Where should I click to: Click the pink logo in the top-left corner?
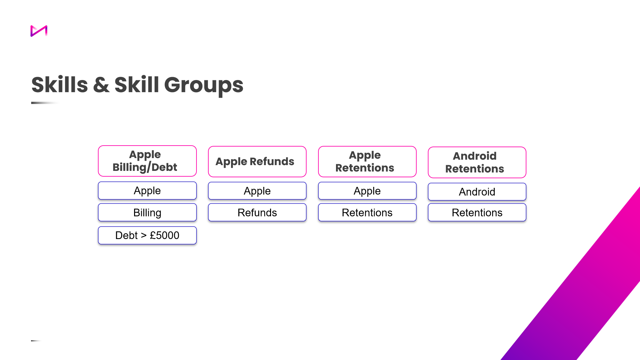click(x=39, y=31)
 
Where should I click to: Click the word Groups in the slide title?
click(x=204, y=85)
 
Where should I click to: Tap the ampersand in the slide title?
click(x=101, y=85)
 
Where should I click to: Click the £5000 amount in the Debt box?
click(x=164, y=236)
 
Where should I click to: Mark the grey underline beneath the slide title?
click(x=45, y=103)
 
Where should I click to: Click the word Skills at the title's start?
click(x=60, y=85)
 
